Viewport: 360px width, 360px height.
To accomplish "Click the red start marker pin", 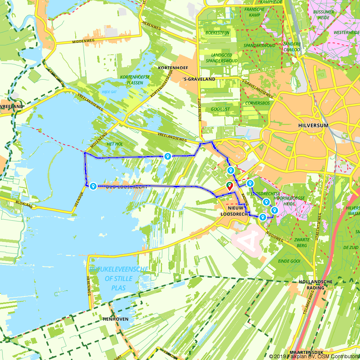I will tap(229, 186).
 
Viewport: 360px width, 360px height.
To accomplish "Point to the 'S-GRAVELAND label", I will tap(199, 79).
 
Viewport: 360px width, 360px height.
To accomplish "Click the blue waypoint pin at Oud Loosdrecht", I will tap(93, 186).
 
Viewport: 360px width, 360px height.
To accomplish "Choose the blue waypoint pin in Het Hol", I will tap(167, 156).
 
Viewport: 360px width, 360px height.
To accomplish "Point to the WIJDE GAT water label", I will tap(109, 92).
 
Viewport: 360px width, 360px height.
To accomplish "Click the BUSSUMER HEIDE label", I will tap(324, 14).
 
